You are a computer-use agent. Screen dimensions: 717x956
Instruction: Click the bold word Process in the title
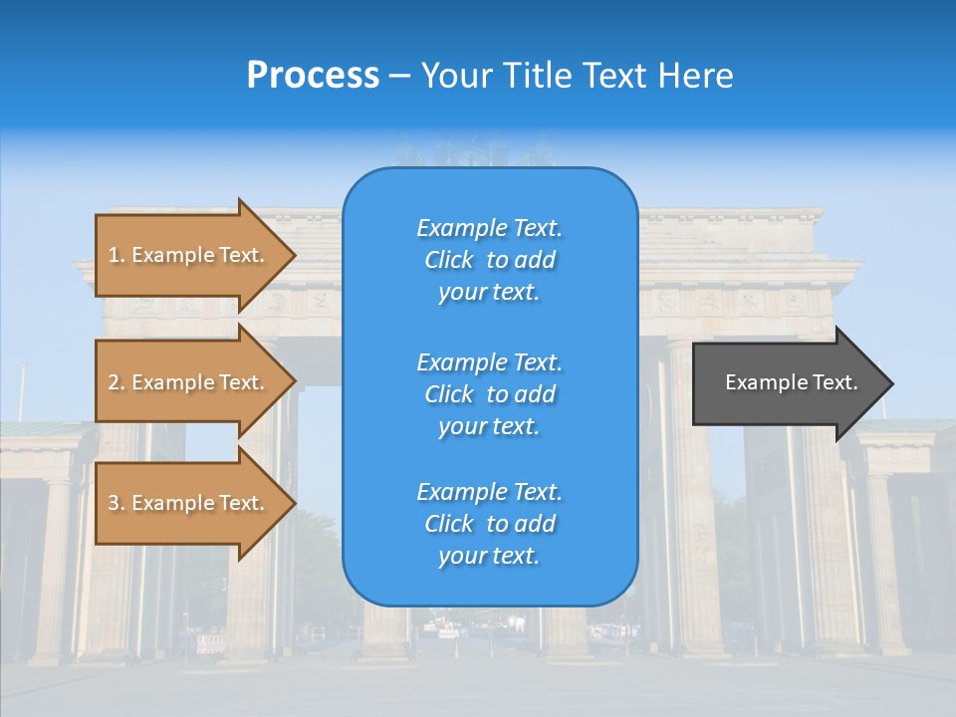(313, 76)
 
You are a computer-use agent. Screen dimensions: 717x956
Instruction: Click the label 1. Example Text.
(186, 255)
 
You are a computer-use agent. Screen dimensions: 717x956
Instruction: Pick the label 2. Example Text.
(186, 382)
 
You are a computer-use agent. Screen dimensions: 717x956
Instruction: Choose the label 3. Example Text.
(186, 503)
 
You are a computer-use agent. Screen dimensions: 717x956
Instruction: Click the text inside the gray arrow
(791, 382)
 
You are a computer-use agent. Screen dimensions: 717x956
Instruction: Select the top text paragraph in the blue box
(489, 260)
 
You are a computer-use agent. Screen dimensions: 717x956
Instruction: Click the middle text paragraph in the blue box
(489, 394)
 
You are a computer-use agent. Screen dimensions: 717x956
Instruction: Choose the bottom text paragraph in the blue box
(489, 524)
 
